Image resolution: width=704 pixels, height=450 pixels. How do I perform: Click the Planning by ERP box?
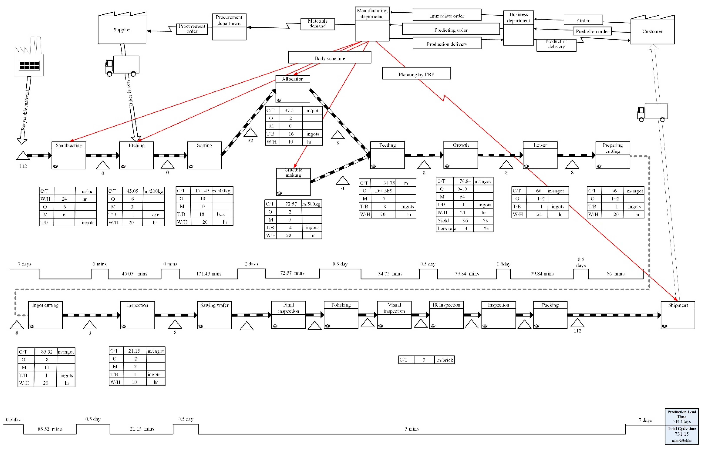click(416, 74)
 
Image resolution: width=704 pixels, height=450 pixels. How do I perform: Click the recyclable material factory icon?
click(29, 58)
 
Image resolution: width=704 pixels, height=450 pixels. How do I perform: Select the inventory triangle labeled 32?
click(250, 133)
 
